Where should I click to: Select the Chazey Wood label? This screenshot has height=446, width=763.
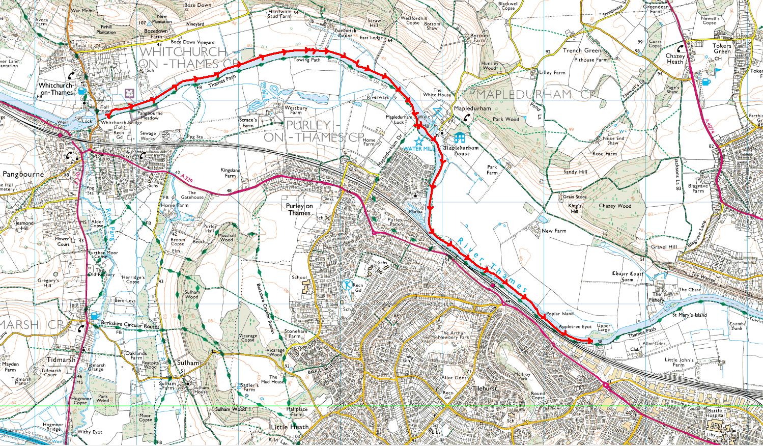[614, 206]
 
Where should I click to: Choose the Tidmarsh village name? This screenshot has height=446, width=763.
[60, 359]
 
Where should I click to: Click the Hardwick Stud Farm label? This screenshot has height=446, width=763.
[279, 13]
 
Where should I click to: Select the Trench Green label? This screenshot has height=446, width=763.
[582, 51]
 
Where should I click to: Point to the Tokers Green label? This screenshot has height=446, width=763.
[721, 48]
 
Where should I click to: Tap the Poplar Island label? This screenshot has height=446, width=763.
[559, 314]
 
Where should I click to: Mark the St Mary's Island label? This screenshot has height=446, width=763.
[689, 315]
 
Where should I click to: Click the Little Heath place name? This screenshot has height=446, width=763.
[290, 427]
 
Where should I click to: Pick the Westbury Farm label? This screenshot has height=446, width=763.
[295, 110]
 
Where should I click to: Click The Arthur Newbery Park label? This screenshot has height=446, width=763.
[454, 335]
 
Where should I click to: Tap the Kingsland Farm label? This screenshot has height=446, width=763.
[230, 173]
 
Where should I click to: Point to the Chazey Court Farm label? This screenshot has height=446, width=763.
[627, 276]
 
